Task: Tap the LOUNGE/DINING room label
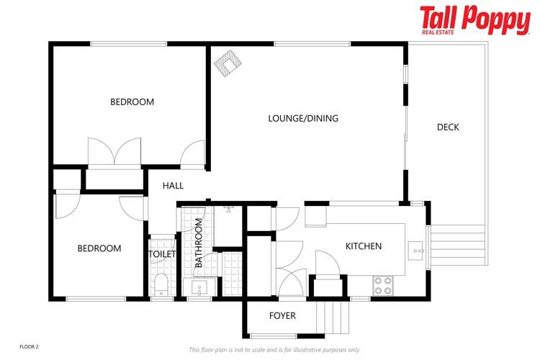point(303,118)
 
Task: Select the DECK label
point(448,127)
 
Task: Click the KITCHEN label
point(364,246)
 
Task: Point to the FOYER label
point(282,315)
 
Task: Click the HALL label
point(173,186)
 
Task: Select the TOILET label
point(163,254)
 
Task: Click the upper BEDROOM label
point(132,102)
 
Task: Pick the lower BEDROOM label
point(99,248)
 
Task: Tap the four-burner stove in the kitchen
point(382,286)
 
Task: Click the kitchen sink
point(416,251)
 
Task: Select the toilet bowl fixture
point(161,284)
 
